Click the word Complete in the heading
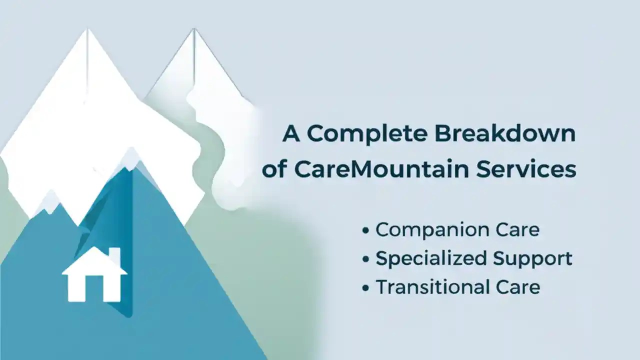tap(366, 134)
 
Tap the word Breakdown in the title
tap(505, 134)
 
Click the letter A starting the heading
tap(291, 134)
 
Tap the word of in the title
tap(274, 169)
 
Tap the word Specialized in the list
tap(431, 259)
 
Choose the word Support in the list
tap(532, 259)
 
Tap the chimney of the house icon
tap(114, 255)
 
